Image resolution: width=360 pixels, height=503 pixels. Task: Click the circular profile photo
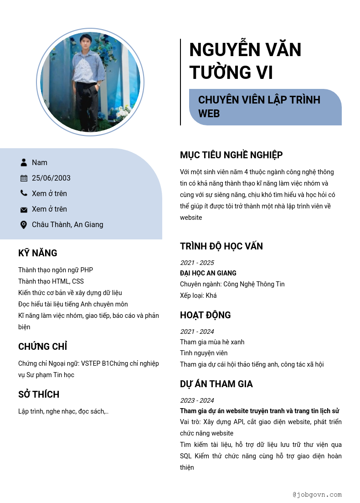90,82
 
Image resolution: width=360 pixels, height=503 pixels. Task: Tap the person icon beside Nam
24,162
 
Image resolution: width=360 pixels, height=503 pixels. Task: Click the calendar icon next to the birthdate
24,178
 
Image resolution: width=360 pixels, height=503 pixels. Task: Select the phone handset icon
24,193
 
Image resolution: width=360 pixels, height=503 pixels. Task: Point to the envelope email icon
24,209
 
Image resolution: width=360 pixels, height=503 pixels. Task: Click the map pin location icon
24,224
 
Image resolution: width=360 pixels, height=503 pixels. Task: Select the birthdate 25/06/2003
51,178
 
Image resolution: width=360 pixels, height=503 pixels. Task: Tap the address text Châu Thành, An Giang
67,224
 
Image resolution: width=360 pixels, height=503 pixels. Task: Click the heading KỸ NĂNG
38,253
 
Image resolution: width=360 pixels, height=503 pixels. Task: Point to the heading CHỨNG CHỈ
43,347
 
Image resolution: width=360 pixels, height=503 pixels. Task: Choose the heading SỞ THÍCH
39,394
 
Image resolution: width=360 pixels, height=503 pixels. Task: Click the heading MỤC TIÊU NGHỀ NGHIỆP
231,155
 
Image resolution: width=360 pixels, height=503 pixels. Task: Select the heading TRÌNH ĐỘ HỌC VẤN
221,246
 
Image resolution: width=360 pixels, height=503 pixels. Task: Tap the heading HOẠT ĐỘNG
206,315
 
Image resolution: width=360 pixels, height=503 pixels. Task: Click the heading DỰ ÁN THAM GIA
216,384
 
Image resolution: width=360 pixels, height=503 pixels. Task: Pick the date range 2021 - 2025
197,263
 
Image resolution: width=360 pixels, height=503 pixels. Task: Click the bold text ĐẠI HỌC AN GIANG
208,273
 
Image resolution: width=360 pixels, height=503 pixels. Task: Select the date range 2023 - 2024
197,400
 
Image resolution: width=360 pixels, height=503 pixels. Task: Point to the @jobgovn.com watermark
317,494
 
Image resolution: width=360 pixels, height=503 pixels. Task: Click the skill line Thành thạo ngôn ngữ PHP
56,270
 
